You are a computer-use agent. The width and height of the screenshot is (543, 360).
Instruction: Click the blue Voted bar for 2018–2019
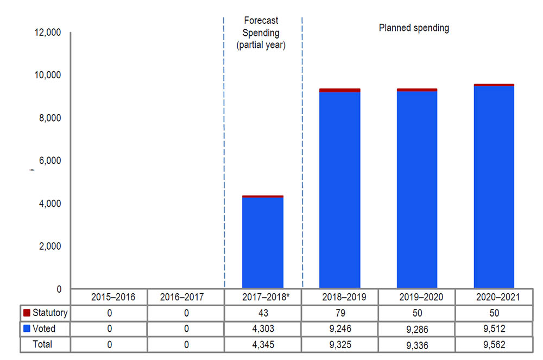pos(339,190)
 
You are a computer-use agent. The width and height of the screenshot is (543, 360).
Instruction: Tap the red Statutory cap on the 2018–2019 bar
pos(339,90)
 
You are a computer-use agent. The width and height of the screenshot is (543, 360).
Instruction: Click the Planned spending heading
pos(414,28)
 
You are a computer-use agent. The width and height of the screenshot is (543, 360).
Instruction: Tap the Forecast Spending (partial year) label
pos(261,33)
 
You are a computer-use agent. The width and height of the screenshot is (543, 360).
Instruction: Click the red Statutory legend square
pos(27,313)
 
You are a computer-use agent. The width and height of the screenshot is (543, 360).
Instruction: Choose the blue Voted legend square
pos(27,329)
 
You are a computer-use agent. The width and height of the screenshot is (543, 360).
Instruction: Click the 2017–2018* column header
pos(263,298)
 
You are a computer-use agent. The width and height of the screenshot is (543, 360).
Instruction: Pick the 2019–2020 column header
pos(416,298)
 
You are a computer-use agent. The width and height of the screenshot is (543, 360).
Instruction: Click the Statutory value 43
pos(263,313)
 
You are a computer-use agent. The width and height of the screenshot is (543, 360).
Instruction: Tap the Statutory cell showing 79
pos(340,313)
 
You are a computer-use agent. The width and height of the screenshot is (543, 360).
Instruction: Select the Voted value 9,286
pos(416,329)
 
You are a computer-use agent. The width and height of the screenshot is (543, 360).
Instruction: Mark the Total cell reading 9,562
pos(494,344)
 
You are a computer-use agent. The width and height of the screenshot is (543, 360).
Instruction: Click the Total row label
pos(43,344)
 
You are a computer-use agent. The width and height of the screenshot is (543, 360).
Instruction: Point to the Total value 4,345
pos(263,344)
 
